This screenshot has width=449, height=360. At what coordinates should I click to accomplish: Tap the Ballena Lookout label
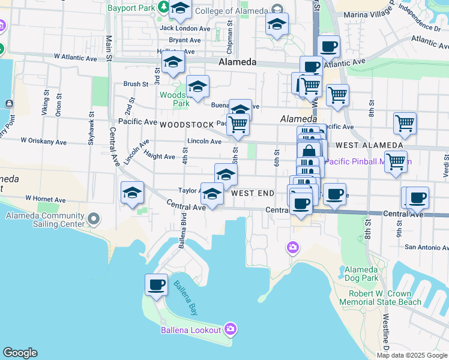(191, 329)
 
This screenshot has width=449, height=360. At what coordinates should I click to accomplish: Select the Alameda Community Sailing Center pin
(93, 220)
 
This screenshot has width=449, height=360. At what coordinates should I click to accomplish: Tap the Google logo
(20, 353)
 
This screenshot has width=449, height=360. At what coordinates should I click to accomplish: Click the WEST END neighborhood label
(253, 193)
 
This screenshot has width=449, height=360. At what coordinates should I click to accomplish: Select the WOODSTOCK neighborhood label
(187, 125)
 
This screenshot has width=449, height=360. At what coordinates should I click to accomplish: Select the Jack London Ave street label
(185, 28)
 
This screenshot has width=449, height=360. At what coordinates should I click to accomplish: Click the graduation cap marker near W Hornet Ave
(132, 193)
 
